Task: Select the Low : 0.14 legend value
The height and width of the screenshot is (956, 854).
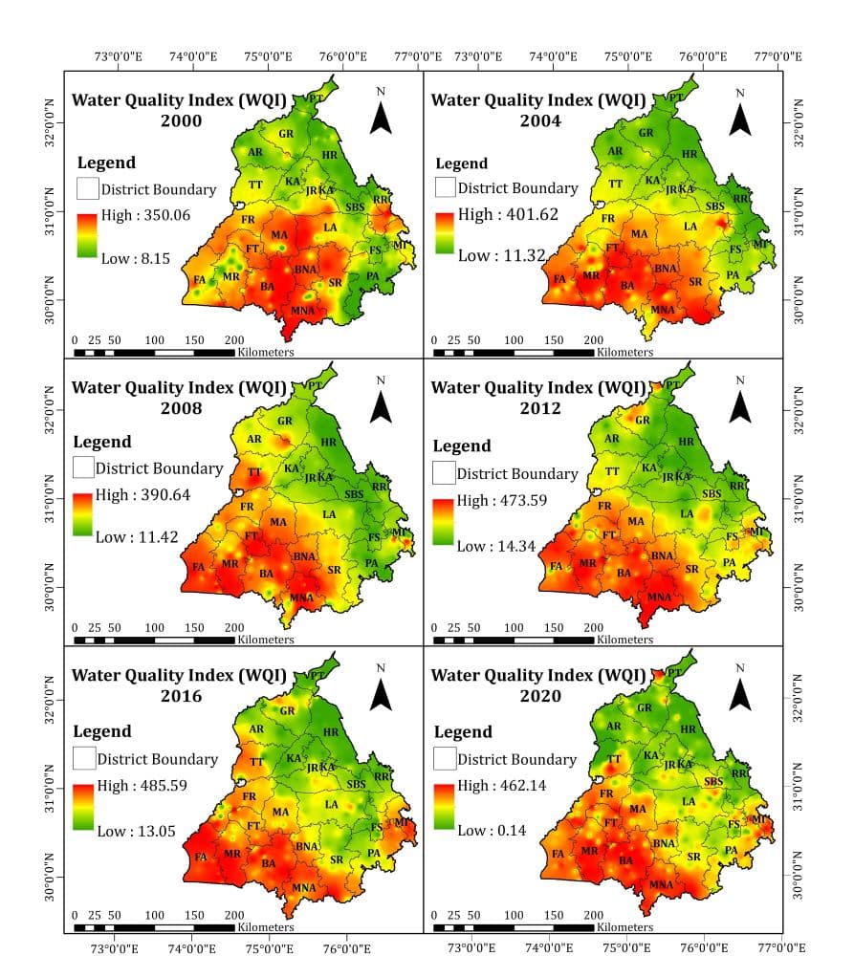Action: coord(492,830)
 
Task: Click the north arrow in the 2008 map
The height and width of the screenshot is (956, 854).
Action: coord(382,402)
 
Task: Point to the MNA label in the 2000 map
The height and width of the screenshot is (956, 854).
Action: coord(303,311)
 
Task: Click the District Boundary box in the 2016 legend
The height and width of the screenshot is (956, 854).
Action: coord(84,758)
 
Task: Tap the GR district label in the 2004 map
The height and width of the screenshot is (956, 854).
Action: coord(646,133)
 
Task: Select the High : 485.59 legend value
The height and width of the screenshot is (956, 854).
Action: coord(144,786)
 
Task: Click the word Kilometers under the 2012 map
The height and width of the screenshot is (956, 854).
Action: coord(624,640)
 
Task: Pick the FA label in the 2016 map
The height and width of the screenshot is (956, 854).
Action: coord(201,857)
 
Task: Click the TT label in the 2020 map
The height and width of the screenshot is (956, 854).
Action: coord(615,759)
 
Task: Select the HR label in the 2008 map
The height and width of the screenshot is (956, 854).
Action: coord(329,443)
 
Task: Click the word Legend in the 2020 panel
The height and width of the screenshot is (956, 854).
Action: coord(463,731)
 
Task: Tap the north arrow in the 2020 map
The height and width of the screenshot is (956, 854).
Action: coord(739,691)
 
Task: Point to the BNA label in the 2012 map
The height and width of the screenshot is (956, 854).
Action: coord(663,555)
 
